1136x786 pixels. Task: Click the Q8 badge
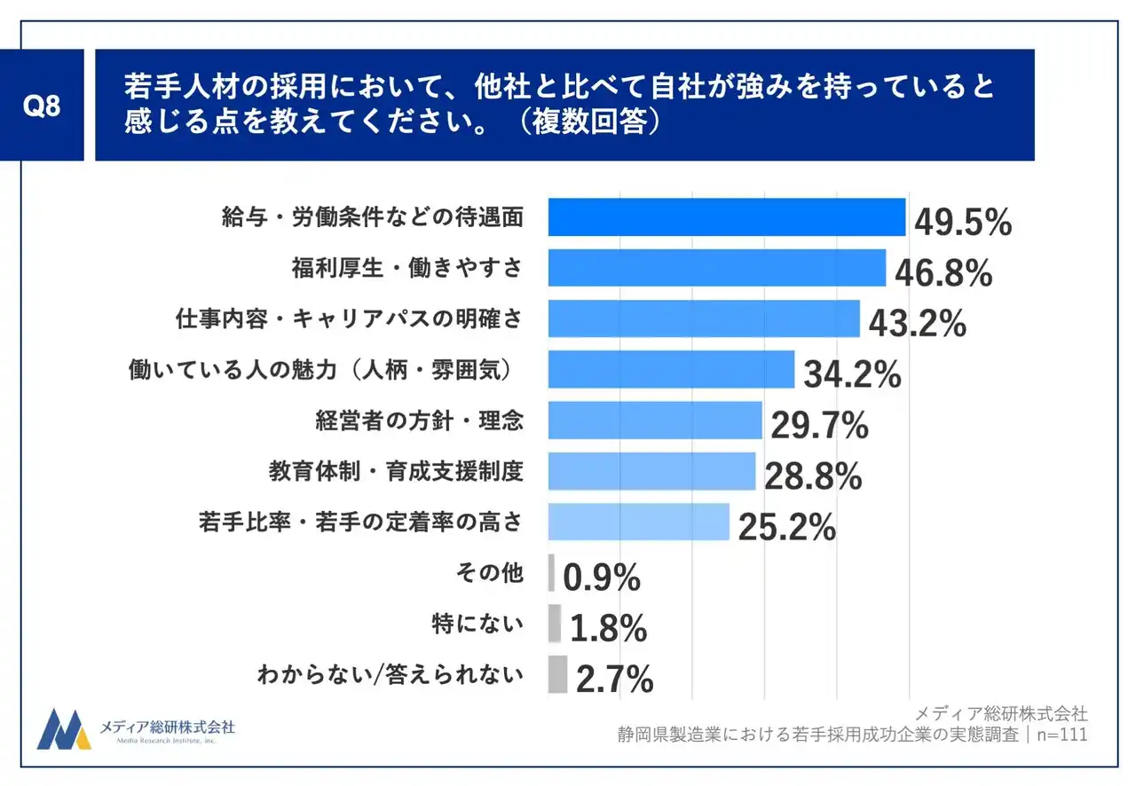42,106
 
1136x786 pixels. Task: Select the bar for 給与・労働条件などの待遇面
726,217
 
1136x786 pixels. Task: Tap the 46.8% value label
943,274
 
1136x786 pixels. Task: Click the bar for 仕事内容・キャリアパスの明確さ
704,319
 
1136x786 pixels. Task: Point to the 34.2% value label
852,375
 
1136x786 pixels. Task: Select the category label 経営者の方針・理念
419,421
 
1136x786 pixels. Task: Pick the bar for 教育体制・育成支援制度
651,472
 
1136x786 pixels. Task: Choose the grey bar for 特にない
555,624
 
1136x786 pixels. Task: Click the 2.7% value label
614,680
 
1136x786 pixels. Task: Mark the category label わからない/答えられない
390,676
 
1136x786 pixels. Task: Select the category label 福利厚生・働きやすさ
407,268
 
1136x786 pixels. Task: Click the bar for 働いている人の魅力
671,370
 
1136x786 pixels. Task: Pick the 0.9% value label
602,578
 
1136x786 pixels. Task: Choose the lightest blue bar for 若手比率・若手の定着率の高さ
639,523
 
